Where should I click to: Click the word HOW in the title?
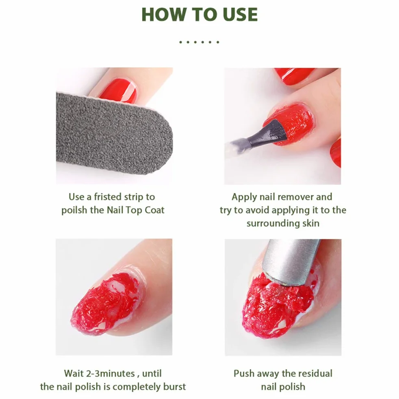163,15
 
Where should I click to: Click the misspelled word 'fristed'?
108,197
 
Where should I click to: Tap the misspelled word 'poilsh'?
74,210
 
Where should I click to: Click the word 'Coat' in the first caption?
154,210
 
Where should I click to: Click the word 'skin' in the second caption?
311,223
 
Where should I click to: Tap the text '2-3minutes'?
110,373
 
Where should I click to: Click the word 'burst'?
174,387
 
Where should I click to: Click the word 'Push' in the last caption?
244,373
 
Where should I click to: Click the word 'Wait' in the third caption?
74,373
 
